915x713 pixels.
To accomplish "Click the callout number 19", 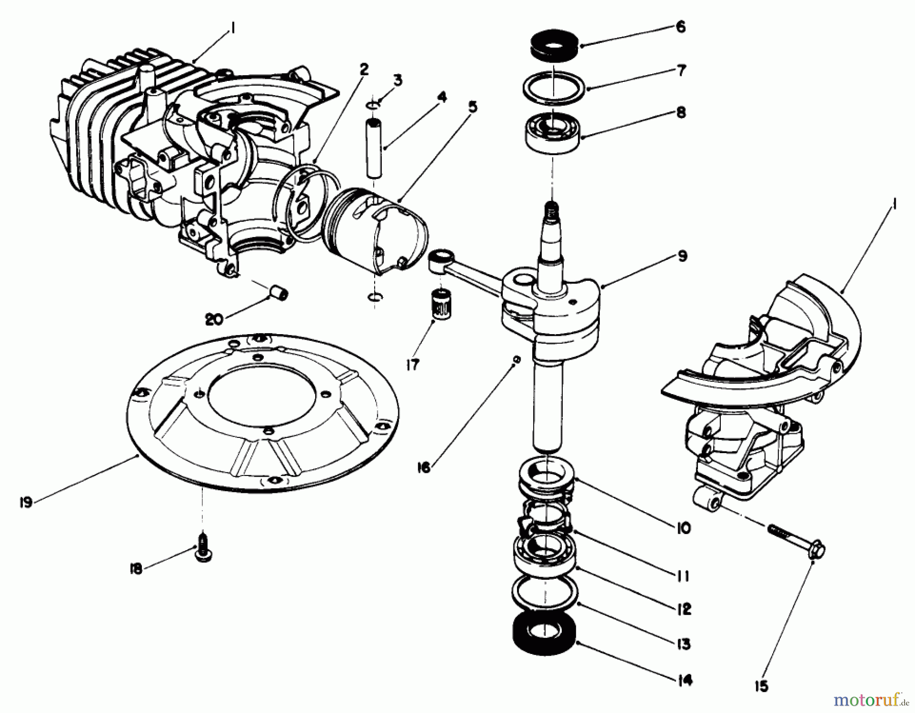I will [x=26, y=502].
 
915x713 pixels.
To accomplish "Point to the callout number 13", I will [x=684, y=644].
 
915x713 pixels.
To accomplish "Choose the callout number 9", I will [x=682, y=255].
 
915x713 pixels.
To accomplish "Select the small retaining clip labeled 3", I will [x=373, y=105].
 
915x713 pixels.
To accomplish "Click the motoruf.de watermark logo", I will [x=870, y=701].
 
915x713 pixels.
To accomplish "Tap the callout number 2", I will [x=364, y=70].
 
